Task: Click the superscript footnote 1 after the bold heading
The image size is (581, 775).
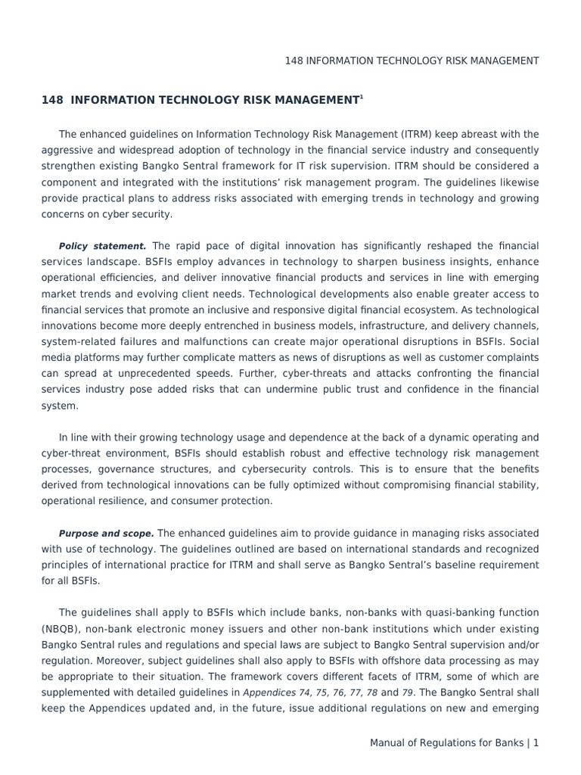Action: pyautogui.click(x=362, y=96)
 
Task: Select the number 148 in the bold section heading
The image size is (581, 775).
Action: pyautogui.click(x=51, y=100)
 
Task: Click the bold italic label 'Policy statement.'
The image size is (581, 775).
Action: pyautogui.click(x=103, y=246)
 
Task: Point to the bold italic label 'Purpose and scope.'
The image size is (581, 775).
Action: pyautogui.click(x=107, y=533)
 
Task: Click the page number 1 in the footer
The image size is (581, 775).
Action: pyautogui.click(x=536, y=743)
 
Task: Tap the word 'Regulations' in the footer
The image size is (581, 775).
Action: pyautogui.click(x=458, y=743)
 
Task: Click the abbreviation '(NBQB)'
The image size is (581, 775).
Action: pyautogui.click(x=61, y=629)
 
